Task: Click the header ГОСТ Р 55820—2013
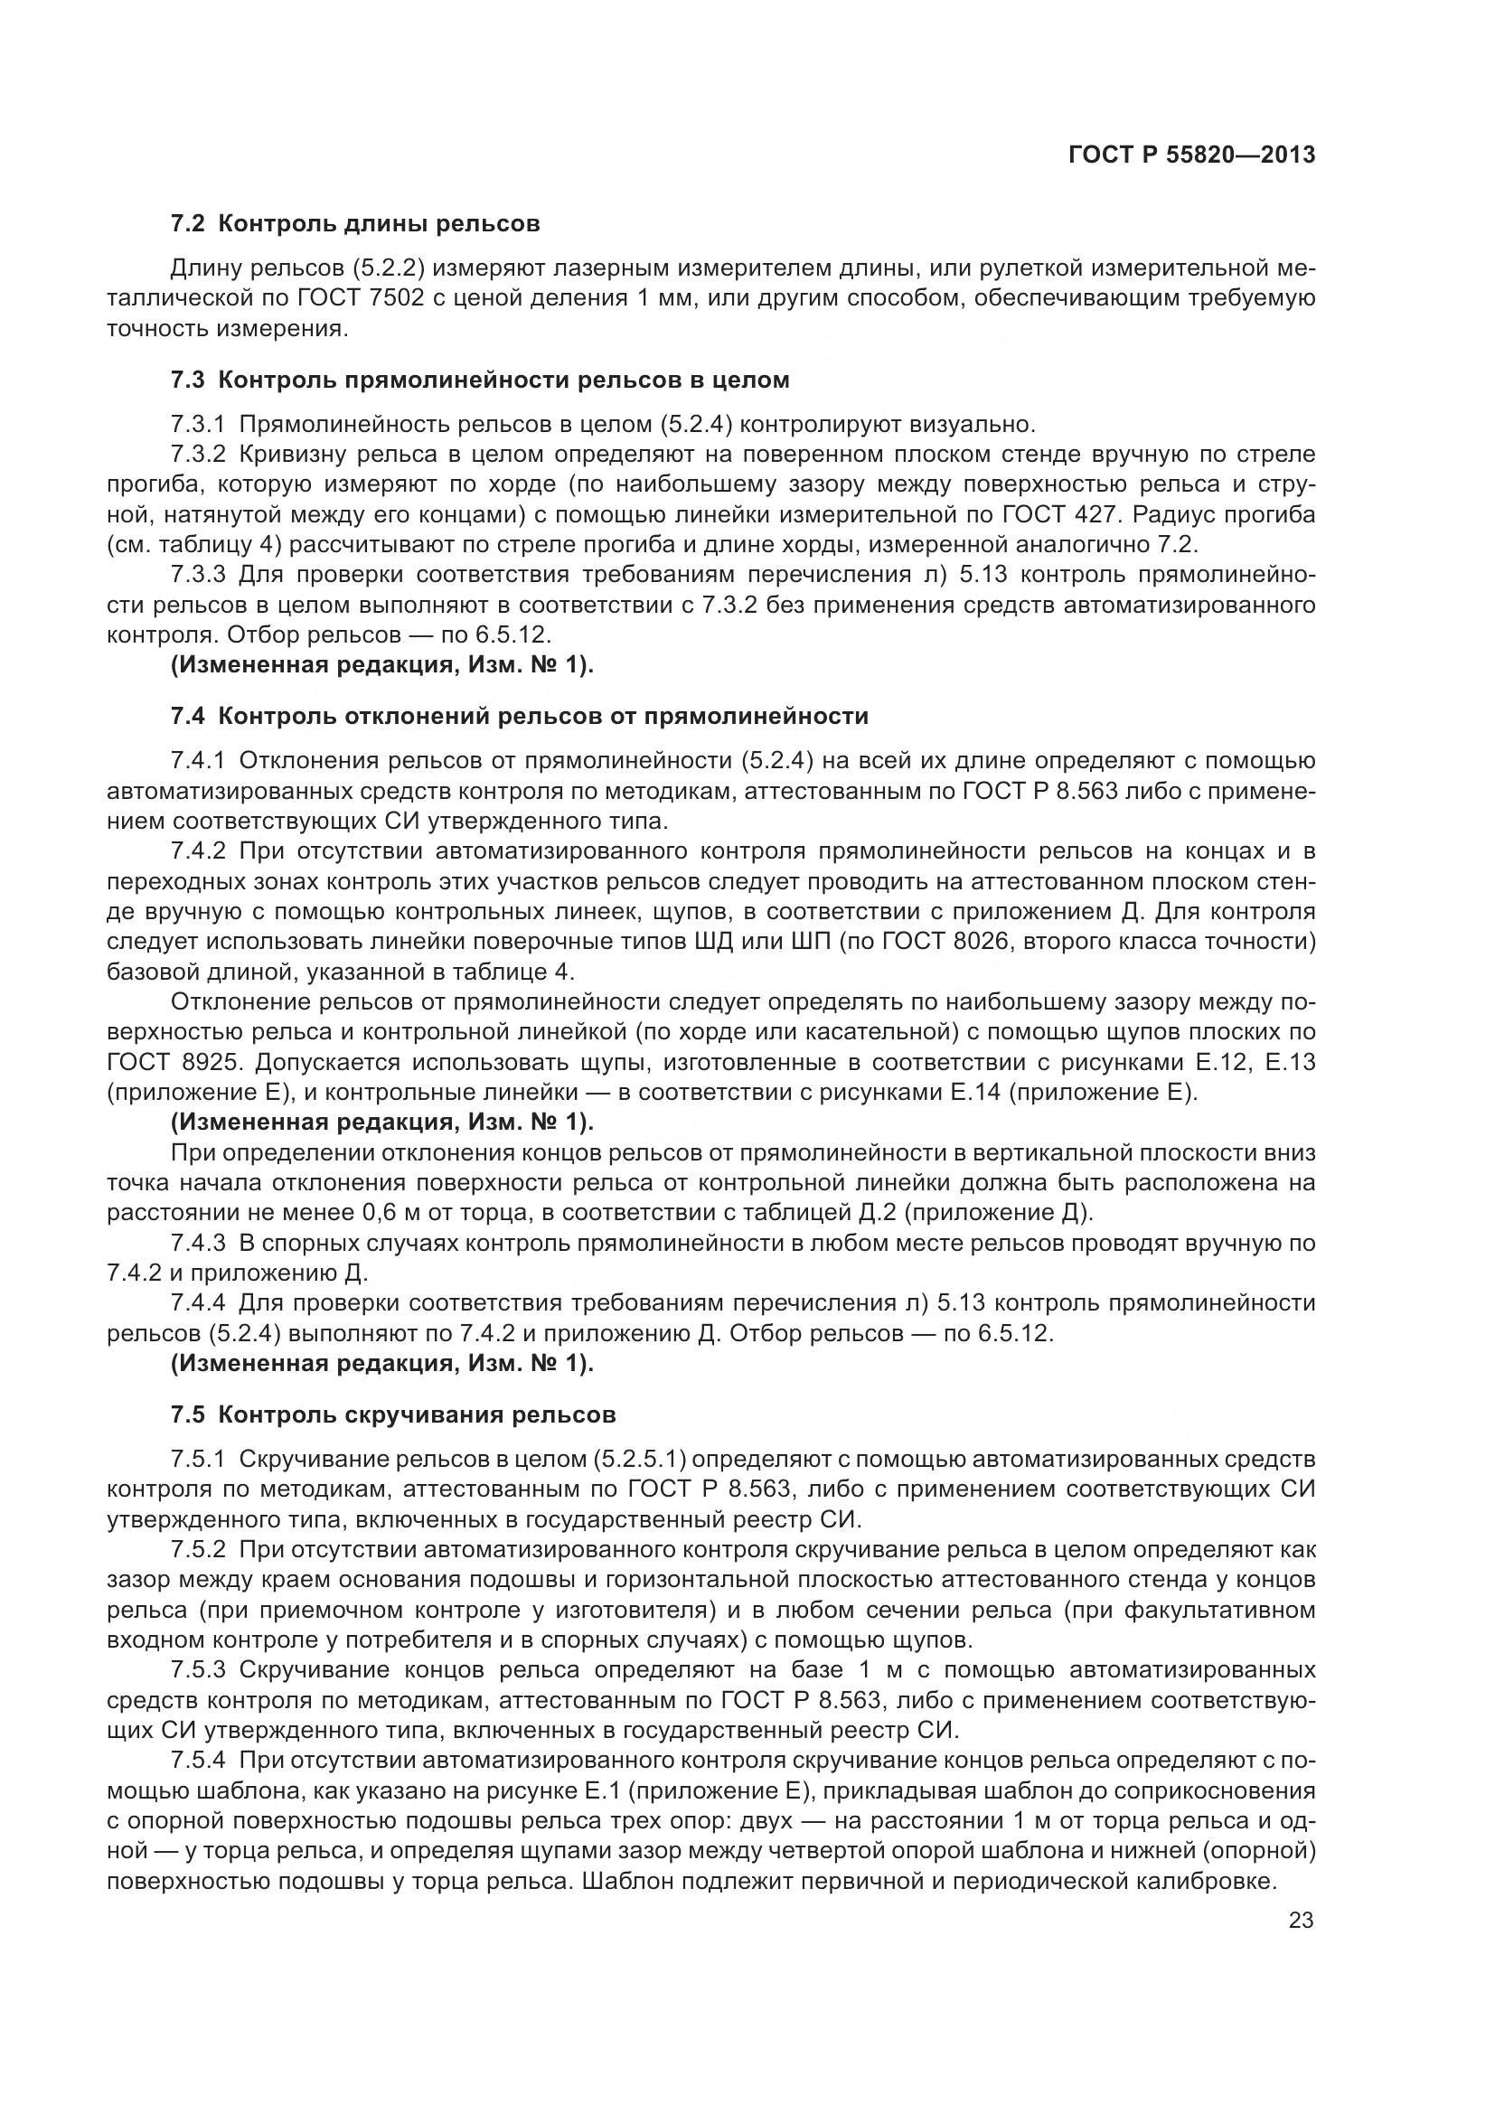click(x=1191, y=155)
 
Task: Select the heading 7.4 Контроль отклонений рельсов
click(x=519, y=717)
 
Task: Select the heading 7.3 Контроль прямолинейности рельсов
click(x=480, y=380)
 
